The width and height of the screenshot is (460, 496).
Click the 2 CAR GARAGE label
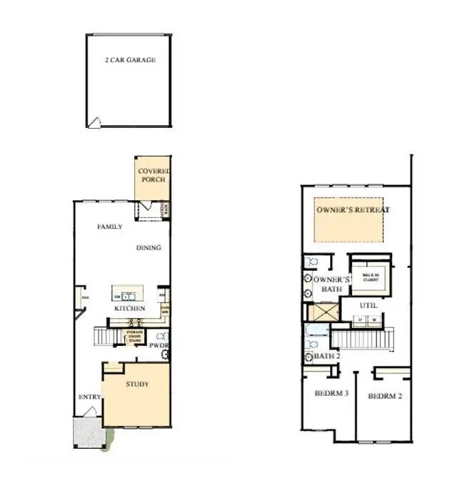(x=129, y=60)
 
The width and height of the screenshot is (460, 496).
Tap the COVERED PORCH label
(x=152, y=175)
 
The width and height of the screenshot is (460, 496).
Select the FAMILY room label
(x=109, y=227)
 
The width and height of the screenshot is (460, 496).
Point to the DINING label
(x=149, y=248)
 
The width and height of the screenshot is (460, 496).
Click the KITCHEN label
(x=129, y=308)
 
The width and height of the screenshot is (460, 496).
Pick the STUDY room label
(x=137, y=385)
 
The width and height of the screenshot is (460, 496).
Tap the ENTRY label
(x=88, y=397)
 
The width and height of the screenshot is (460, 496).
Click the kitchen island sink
(x=127, y=294)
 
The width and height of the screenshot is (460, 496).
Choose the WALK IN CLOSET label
(x=370, y=277)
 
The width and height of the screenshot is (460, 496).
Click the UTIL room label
(x=369, y=305)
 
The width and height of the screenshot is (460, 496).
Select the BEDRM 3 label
(x=331, y=393)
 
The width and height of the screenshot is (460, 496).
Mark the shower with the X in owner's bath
(x=325, y=312)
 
